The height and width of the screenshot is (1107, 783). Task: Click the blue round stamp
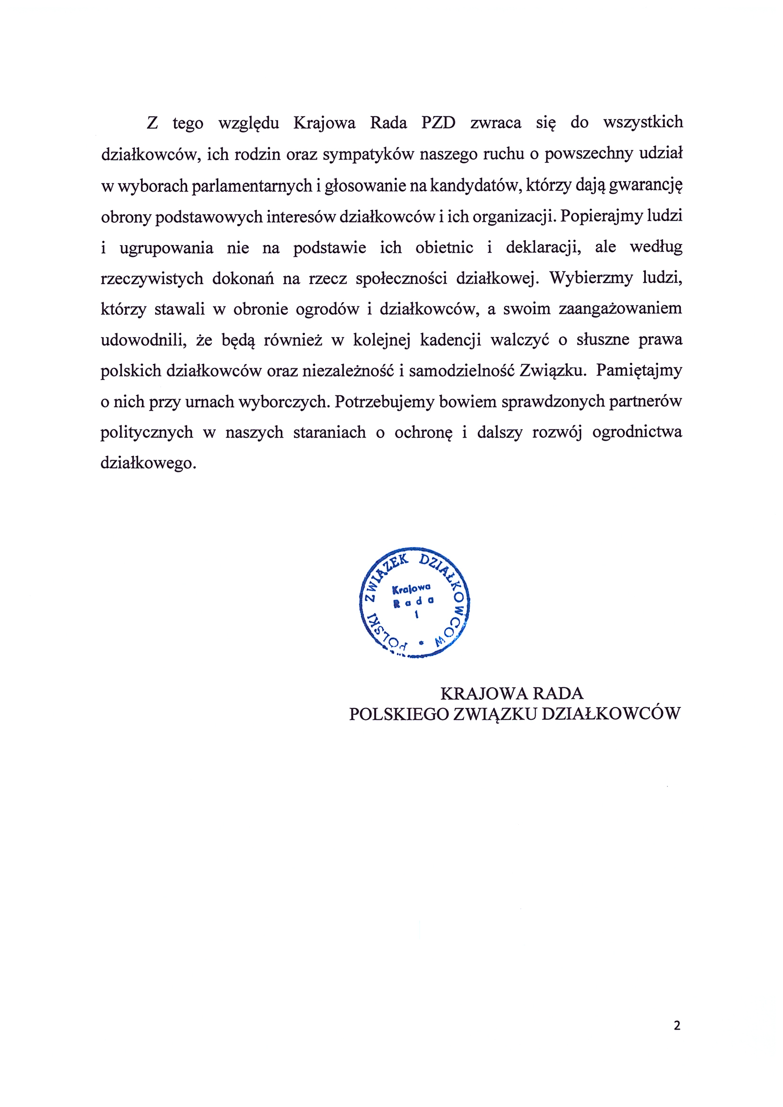pos(415,602)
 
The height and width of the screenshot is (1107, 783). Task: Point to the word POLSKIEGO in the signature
pos(399,714)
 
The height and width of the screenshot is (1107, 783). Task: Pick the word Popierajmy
pos(601,216)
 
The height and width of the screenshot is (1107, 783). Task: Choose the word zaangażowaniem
pos(620,309)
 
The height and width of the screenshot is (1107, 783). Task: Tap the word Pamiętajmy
pos(639,371)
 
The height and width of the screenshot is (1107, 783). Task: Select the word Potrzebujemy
pos(385,402)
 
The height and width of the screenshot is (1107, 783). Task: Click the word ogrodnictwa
pos(637,432)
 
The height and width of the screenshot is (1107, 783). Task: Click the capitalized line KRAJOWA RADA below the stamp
pos(512,693)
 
